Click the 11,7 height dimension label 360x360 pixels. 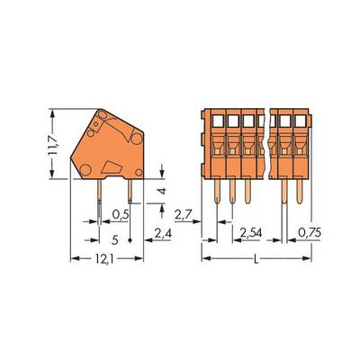pos(54,144)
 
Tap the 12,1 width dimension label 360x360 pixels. pos(104,259)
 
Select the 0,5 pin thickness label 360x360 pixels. pos(121,214)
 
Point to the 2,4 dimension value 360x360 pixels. pos(163,233)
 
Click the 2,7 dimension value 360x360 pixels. pos(183,215)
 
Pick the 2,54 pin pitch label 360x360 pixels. pos(251,233)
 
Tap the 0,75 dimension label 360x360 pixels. pos(310,232)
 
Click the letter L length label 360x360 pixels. pos(256,259)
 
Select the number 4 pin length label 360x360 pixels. pos(162,191)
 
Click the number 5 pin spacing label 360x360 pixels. pos(114,240)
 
